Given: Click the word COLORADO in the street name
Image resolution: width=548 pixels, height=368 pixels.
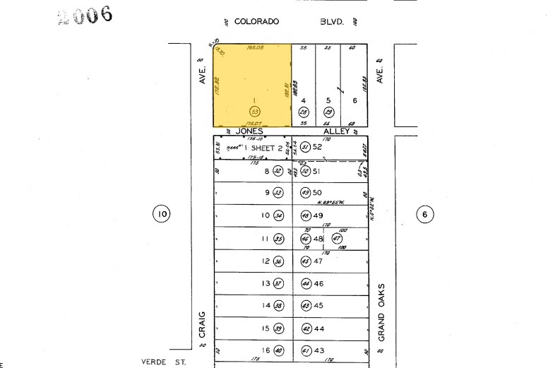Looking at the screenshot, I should coord(256,22).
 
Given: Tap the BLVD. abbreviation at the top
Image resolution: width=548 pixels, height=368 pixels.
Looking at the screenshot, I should coord(331,22).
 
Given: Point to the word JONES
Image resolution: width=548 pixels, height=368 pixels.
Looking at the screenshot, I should coord(250,131).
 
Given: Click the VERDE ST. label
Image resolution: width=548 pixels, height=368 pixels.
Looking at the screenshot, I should coord(159,362).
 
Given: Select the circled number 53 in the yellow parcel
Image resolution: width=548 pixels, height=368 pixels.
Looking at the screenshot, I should coord(254,112).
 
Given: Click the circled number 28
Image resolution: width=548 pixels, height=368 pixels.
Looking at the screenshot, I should coord(304,112).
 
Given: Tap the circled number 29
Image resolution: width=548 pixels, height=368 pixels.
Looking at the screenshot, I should coord(328,112).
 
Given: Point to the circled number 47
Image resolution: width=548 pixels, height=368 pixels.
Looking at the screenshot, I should coord(337,239).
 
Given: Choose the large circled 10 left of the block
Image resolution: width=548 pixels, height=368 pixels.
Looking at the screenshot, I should coord(162,213).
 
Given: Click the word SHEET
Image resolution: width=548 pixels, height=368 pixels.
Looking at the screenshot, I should coord(262,148).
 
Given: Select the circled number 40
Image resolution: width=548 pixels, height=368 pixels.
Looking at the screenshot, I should coord(278,352).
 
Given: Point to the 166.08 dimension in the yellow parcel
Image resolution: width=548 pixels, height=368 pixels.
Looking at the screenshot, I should coord(255,48).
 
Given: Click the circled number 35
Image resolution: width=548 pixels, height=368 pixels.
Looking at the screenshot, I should coord(278,239).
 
